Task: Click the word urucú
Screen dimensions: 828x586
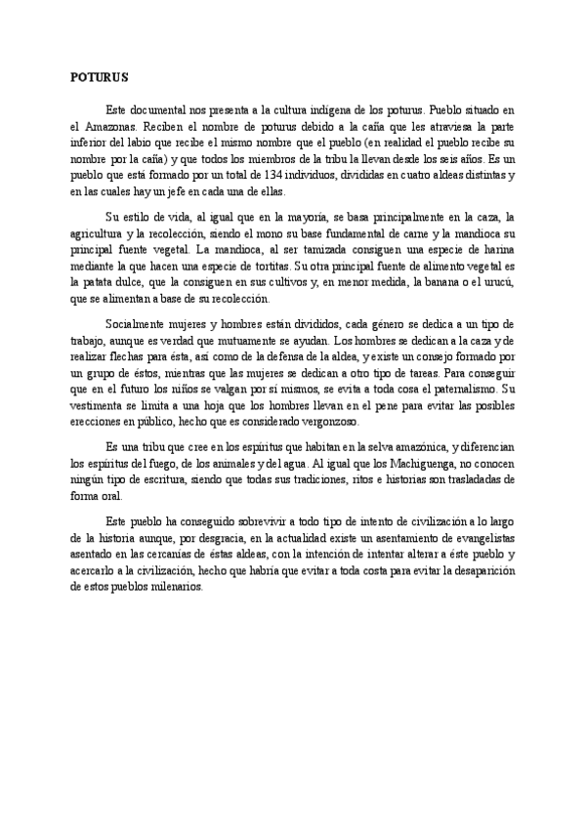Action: coord(499,282)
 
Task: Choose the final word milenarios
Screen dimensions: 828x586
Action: coord(175,589)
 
